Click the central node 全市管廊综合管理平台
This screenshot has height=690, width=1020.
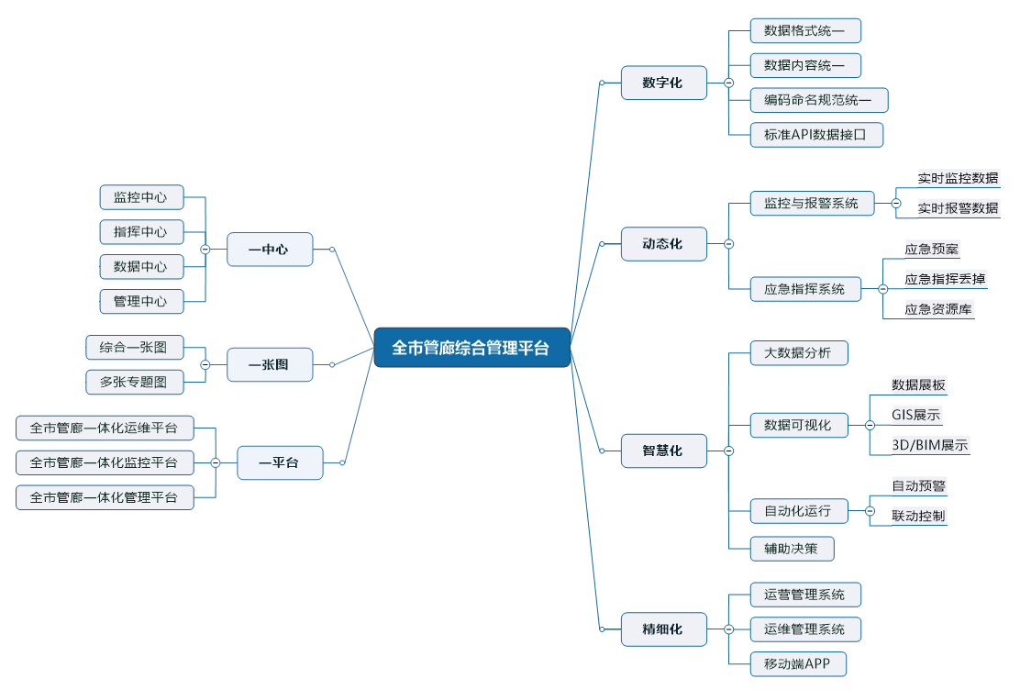coord(471,348)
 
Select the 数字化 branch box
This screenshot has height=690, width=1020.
coord(663,83)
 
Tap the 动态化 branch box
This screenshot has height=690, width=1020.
coord(663,244)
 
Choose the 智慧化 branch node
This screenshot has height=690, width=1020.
coord(663,451)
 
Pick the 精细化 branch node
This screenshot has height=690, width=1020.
coord(663,629)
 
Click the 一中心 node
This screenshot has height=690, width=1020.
coord(270,249)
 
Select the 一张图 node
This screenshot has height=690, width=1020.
coord(270,364)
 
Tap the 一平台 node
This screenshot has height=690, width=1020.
coord(280,462)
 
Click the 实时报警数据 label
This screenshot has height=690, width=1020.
coord(958,208)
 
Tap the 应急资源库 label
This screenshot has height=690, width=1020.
coord(938,309)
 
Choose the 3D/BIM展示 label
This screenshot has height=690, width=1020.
coord(930,446)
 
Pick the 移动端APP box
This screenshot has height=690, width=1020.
coord(797,663)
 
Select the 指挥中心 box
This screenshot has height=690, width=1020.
coord(140,231)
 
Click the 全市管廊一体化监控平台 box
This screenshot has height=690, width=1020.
coord(105,462)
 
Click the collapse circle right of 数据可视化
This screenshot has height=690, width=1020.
coord(870,425)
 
